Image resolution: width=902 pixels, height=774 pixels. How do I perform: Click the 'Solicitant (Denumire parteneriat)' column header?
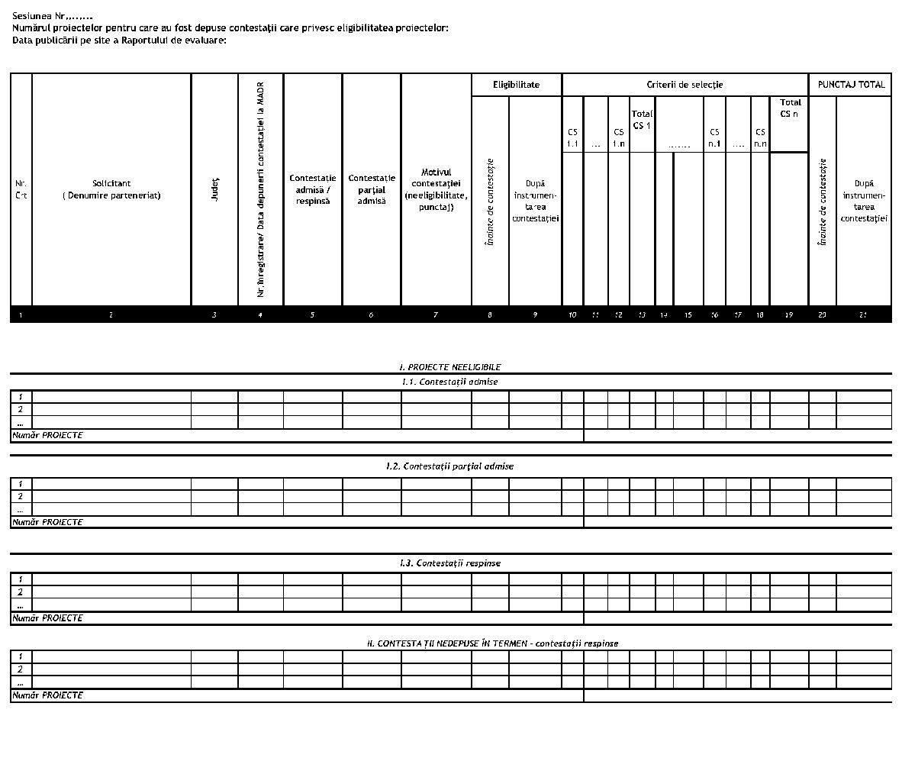click(x=111, y=189)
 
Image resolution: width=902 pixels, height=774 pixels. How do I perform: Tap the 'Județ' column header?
click(x=214, y=189)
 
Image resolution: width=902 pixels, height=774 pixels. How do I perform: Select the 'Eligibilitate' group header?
click(x=516, y=85)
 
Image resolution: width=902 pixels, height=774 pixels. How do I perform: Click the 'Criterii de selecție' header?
click(x=685, y=85)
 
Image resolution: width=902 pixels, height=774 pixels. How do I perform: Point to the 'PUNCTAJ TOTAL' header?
click(x=851, y=85)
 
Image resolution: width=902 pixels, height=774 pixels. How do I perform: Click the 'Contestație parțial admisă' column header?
click(x=372, y=189)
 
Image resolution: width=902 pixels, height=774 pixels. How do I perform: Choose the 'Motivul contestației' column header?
click(x=436, y=189)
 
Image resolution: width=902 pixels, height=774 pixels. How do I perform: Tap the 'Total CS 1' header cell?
click(x=642, y=120)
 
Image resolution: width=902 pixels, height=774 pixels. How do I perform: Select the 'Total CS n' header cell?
click(x=790, y=108)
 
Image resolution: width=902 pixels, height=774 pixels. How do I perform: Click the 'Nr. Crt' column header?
click(x=21, y=189)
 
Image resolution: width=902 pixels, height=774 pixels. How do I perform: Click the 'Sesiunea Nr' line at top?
click(x=53, y=16)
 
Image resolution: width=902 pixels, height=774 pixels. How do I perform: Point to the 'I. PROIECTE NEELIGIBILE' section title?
click(x=450, y=367)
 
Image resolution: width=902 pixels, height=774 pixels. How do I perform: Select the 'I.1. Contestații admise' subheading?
click(x=450, y=382)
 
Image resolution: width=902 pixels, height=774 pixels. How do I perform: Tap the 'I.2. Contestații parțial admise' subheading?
click(x=450, y=466)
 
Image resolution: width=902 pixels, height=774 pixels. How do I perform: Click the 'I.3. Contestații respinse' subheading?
click(x=450, y=563)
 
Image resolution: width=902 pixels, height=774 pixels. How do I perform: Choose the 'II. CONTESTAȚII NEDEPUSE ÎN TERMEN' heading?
click(x=492, y=643)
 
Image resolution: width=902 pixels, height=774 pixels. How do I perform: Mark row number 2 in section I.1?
click(x=21, y=409)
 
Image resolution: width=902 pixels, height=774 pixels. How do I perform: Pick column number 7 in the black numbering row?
click(x=436, y=314)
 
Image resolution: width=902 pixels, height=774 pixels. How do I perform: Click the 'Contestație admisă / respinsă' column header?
click(x=312, y=189)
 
